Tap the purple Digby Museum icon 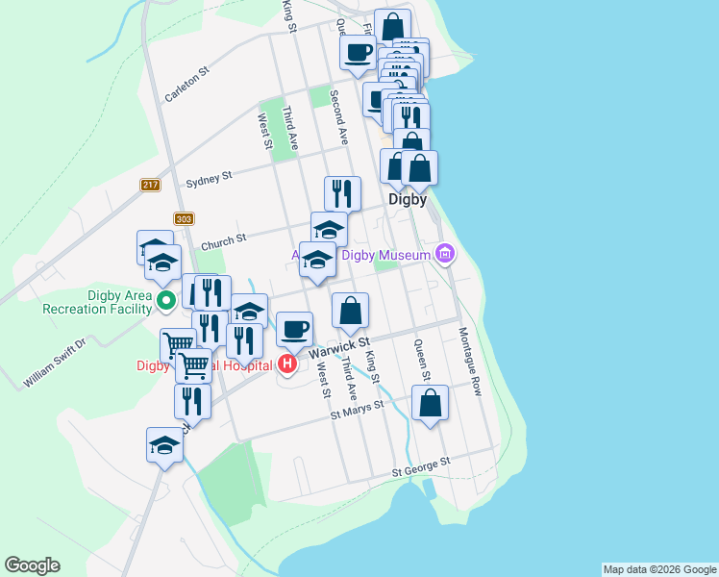444,255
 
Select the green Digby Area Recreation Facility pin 164,300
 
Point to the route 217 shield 149,186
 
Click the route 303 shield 185,219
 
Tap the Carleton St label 186,85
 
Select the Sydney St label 209,179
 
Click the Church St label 229,238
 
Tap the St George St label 421,467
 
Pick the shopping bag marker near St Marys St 430,403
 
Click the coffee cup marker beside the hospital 295,330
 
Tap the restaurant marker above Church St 342,194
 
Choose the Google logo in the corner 32,565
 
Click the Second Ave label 337,117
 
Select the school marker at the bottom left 164,446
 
